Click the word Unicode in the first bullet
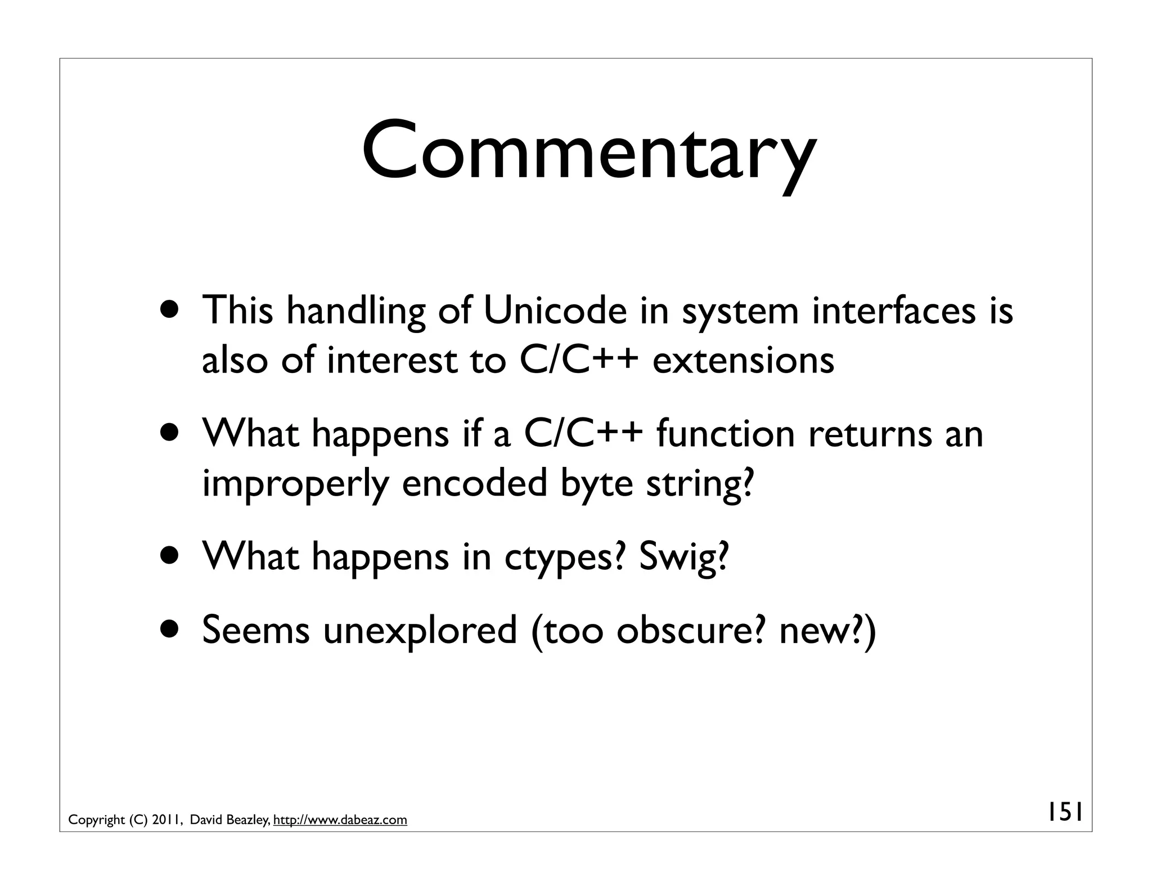click(x=555, y=311)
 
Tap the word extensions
click(x=743, y=360)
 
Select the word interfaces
click(x=894, y=311)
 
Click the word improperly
click(x=295, y=484)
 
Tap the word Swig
click(x=683, y=557)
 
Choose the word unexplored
click(x=420, y=630)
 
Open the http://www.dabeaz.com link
click(x=340, y=820)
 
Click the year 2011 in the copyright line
click(x=166, y=820)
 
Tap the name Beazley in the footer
click(x=247, y=820)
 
